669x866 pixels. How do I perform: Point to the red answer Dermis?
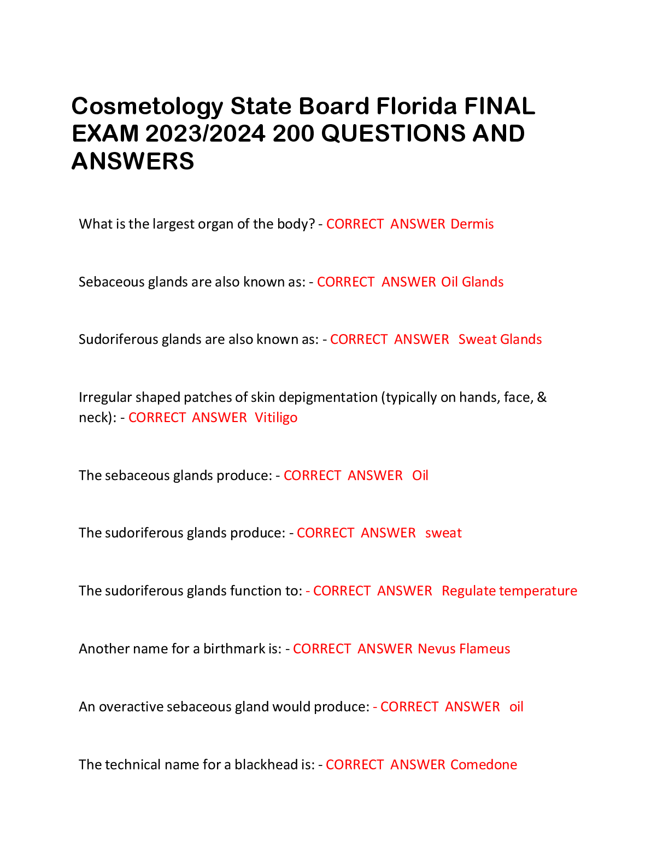click(x=472, y=224)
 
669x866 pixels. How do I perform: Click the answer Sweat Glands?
click(x=500, y=340)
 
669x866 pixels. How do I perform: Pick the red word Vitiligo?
click(x=276, y=418)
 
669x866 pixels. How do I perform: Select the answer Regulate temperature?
click(x=509, y=591)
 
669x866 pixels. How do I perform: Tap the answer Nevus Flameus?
click(x=463, y=649)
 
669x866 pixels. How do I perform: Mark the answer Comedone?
click(x=483, y=765)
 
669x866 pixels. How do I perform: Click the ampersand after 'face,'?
click(x=542, y=397)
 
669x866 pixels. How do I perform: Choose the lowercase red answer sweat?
click(x=443, y=533)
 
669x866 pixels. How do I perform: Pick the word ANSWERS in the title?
click(x=133, y=162)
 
